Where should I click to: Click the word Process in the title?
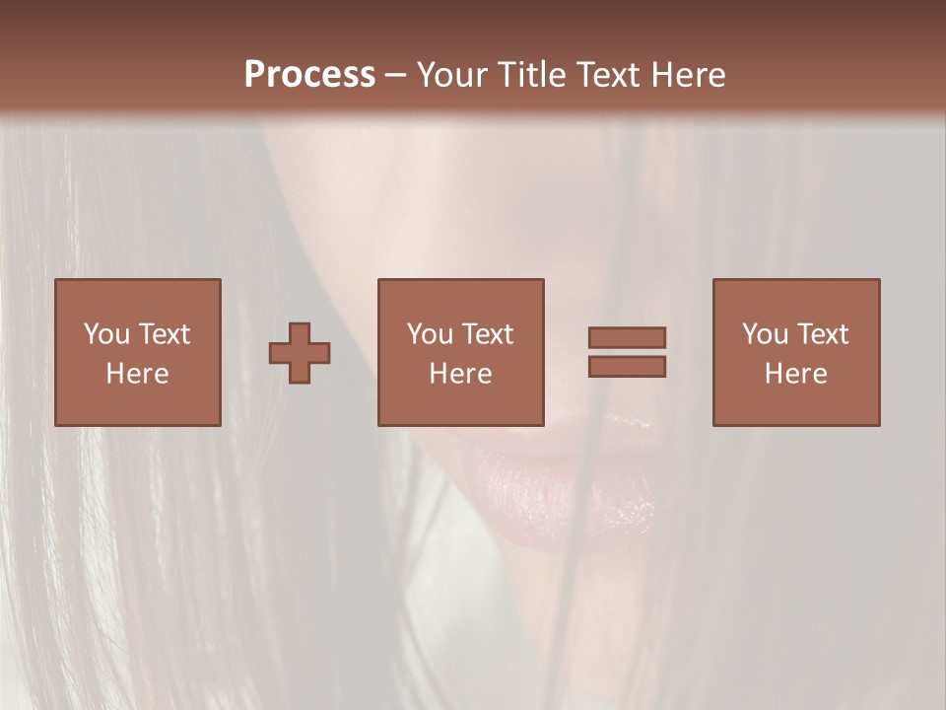[x=309, y=75]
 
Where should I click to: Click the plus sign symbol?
[x=300, y=352]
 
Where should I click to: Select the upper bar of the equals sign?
[x=627, y=337]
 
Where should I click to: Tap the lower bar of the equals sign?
[x=627, y=367]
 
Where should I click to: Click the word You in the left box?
[x=105, y=334]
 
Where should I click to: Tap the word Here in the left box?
[x=138, y=374]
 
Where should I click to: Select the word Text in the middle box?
[x=487, y=334]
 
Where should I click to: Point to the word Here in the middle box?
[x=461, y=374]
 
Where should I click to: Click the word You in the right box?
[x=765, y=334]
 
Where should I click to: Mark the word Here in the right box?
[x=796, y=374]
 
